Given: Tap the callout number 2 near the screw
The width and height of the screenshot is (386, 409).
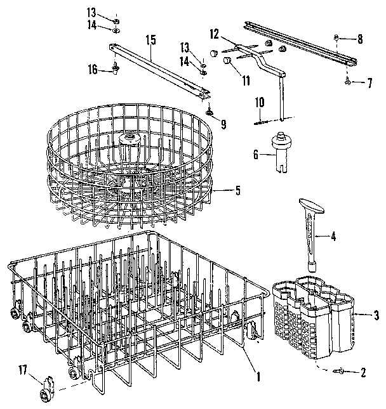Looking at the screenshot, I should (x=363, y=373).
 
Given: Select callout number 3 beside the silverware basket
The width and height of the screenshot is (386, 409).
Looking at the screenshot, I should (x=376, y=315).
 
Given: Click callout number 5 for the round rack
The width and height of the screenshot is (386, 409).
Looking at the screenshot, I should (x=237, y=188).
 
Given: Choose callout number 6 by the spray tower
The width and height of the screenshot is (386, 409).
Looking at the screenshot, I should (x=255, y=154).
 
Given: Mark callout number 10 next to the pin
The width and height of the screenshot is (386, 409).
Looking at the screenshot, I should (x=260, y=102).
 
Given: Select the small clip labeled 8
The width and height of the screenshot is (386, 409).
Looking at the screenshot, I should (x=336, y=39).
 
